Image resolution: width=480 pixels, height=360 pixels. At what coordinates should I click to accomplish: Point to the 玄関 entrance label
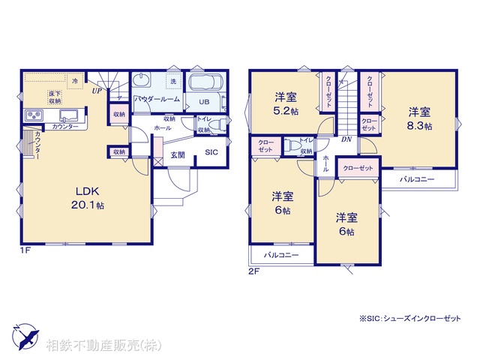(x=177, y=155)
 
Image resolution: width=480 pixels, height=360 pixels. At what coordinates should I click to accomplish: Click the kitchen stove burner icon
(x=34, y=115)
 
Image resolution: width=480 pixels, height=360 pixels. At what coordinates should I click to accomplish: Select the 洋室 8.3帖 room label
(x=419, y=119)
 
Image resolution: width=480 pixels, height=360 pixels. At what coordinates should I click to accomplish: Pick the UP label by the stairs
(x=97, y=91)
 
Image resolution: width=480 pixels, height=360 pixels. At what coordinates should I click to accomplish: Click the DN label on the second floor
(x=346, y=139)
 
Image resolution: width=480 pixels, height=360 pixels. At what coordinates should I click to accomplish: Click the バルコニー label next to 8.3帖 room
(x=418, y=180)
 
